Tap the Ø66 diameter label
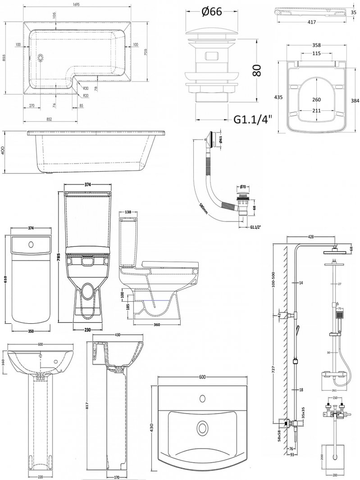tap(210, 12)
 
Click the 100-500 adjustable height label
tap(275, 279)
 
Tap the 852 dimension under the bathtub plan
tap(49, 119)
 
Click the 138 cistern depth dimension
tap(129, 211)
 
